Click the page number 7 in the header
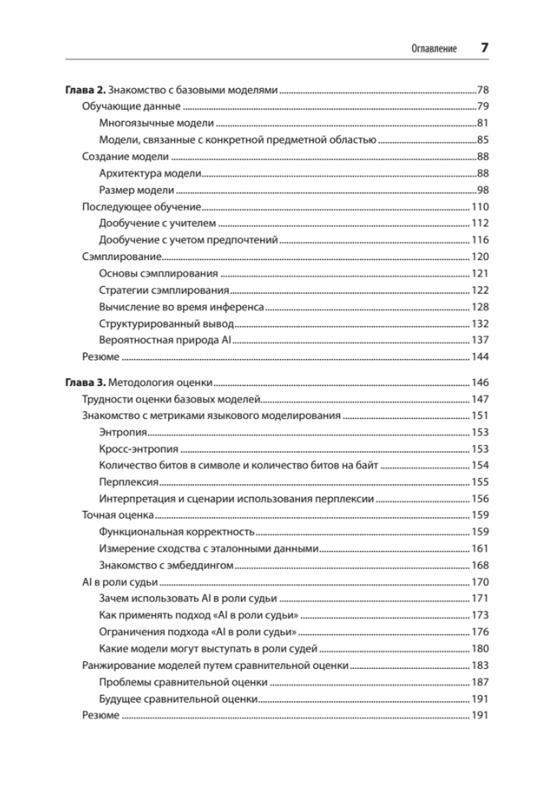[484, 49]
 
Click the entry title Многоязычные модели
[156, 123]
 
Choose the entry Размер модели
[137, 190]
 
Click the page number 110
[480, 207]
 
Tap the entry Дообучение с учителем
[156, 224]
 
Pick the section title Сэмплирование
[122, 257]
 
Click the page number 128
[480, 307]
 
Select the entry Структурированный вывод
[165, 324]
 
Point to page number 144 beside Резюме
[480, 357]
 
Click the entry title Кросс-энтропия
[138, 448]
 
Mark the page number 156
[480, 498]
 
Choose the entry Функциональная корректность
[177, 531]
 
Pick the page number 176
[480, 631]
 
